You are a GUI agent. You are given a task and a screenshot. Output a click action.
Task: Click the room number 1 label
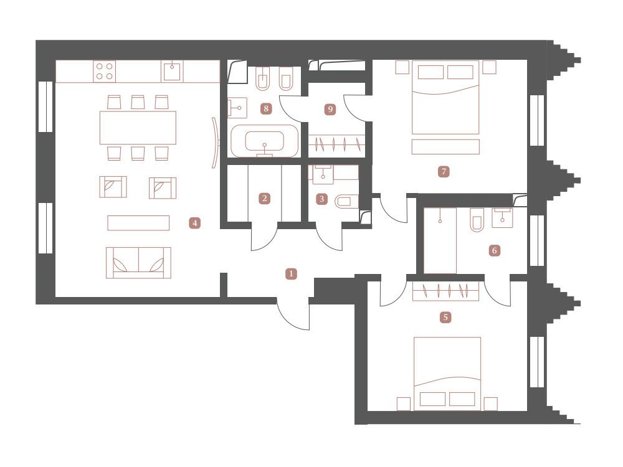tap(291, 273)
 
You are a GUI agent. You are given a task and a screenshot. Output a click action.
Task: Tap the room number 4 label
tap(194, 223)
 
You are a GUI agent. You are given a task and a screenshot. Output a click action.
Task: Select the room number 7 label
tap(444, 172)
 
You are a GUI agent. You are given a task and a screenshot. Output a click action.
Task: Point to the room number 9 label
tap(330, 109)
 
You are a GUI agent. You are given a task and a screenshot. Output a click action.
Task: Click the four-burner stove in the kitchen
tap(105, 72)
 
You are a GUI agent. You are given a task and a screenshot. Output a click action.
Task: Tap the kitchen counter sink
tap(172, 72)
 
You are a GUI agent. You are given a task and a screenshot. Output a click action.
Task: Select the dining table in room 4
tap(138, 128)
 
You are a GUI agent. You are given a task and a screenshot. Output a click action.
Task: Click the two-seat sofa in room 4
tap(138, 263)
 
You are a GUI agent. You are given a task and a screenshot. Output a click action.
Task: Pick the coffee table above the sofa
tap(138, 223)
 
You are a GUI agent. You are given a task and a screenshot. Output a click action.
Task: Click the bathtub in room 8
tap(265, 141)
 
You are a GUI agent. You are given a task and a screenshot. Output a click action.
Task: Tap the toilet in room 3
tap(347, 202)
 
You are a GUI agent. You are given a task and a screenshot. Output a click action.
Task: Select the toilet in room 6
tap(477, 220)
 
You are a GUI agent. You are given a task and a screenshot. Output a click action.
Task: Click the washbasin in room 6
tap(503, 217)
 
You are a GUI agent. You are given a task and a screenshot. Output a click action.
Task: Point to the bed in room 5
tap(447, 374)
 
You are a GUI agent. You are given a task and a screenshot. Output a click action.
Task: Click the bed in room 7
tap(445, 97)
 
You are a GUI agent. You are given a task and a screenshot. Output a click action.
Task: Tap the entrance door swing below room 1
tap(293, 314)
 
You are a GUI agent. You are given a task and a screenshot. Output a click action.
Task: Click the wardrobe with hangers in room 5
tap(446, 291)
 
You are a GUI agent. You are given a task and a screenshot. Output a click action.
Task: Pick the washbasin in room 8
tap(237, 108)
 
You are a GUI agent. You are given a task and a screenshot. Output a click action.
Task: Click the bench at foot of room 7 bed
tap(445, 147)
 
